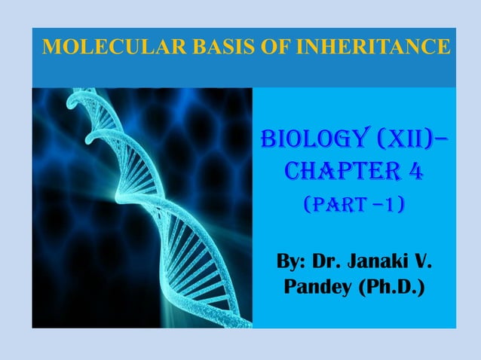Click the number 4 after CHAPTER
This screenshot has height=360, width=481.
[413, 174]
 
